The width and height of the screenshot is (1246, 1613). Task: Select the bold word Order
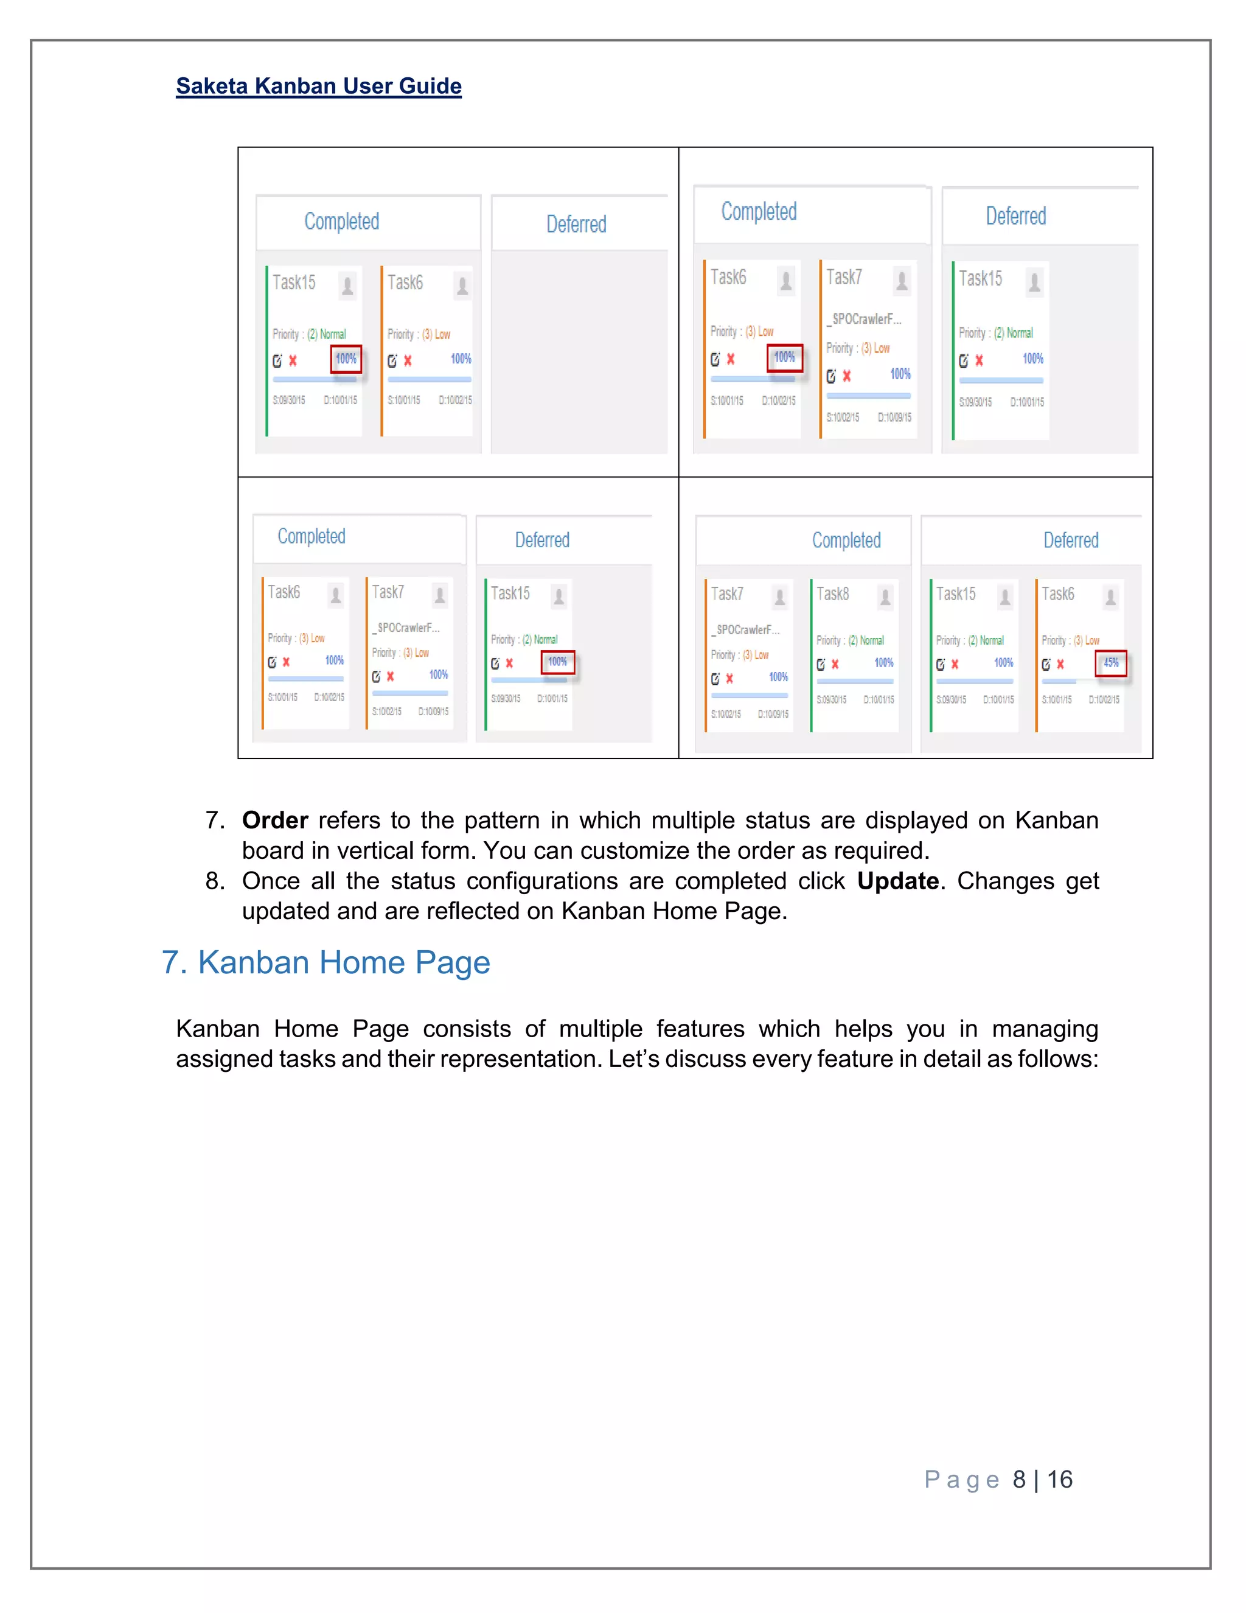click(x=274, y=820)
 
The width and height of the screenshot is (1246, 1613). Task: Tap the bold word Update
click(x=897, y=881)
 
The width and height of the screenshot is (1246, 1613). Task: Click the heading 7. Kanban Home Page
click(x=325, y=963)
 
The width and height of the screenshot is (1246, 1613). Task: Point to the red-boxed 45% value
click(x=1110, y=662)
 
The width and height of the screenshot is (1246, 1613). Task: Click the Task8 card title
click(x=833, y=594)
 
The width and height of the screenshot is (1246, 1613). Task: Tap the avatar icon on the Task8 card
click(x=885, y=597)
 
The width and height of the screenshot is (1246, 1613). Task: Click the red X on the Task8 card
click(x=835, y=664)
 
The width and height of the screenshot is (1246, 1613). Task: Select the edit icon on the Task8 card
click(x=821, y=664)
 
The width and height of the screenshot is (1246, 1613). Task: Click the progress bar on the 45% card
click(x=1080, y=681)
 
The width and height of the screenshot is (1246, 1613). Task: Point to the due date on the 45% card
click(x=1104, y=699)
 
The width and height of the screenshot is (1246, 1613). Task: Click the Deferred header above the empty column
click(x=576, y=225)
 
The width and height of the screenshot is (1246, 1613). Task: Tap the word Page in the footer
click(x=961, y=1480)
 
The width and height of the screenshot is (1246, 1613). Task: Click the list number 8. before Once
click(x=215, y=881)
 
